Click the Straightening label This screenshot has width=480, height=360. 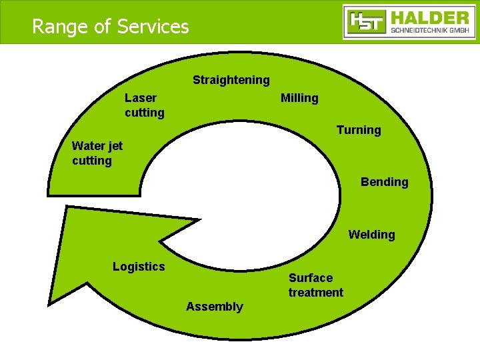pos(231,81)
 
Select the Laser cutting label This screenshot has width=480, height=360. pos(144,105)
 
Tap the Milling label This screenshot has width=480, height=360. pos(299,99)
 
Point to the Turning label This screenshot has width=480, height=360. pos(359,130)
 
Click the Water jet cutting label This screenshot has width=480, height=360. pos(97,153)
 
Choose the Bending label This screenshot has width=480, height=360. pos(384,182)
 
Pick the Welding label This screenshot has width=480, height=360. pos(371,235)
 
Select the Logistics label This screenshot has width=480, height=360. pos(139,267)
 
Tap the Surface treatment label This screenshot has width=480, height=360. pos(315,285)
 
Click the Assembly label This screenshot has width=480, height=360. pos(215,307)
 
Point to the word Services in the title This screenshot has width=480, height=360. pos(153,27)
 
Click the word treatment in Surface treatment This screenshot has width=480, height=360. pos(315,293)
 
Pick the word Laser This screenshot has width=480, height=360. pos(141,98)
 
